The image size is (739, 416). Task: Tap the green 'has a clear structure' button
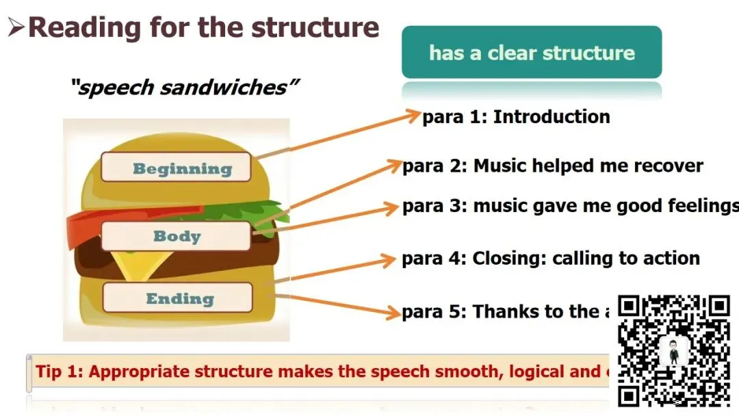532,53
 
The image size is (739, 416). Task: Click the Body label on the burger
177,236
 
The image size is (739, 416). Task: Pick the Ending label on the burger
179,298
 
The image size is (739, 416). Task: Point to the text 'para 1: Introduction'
516,117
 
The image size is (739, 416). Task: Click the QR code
673,350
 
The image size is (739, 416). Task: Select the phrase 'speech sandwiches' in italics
185,88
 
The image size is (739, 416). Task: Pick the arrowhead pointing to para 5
393,313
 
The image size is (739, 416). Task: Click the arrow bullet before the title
16,28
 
